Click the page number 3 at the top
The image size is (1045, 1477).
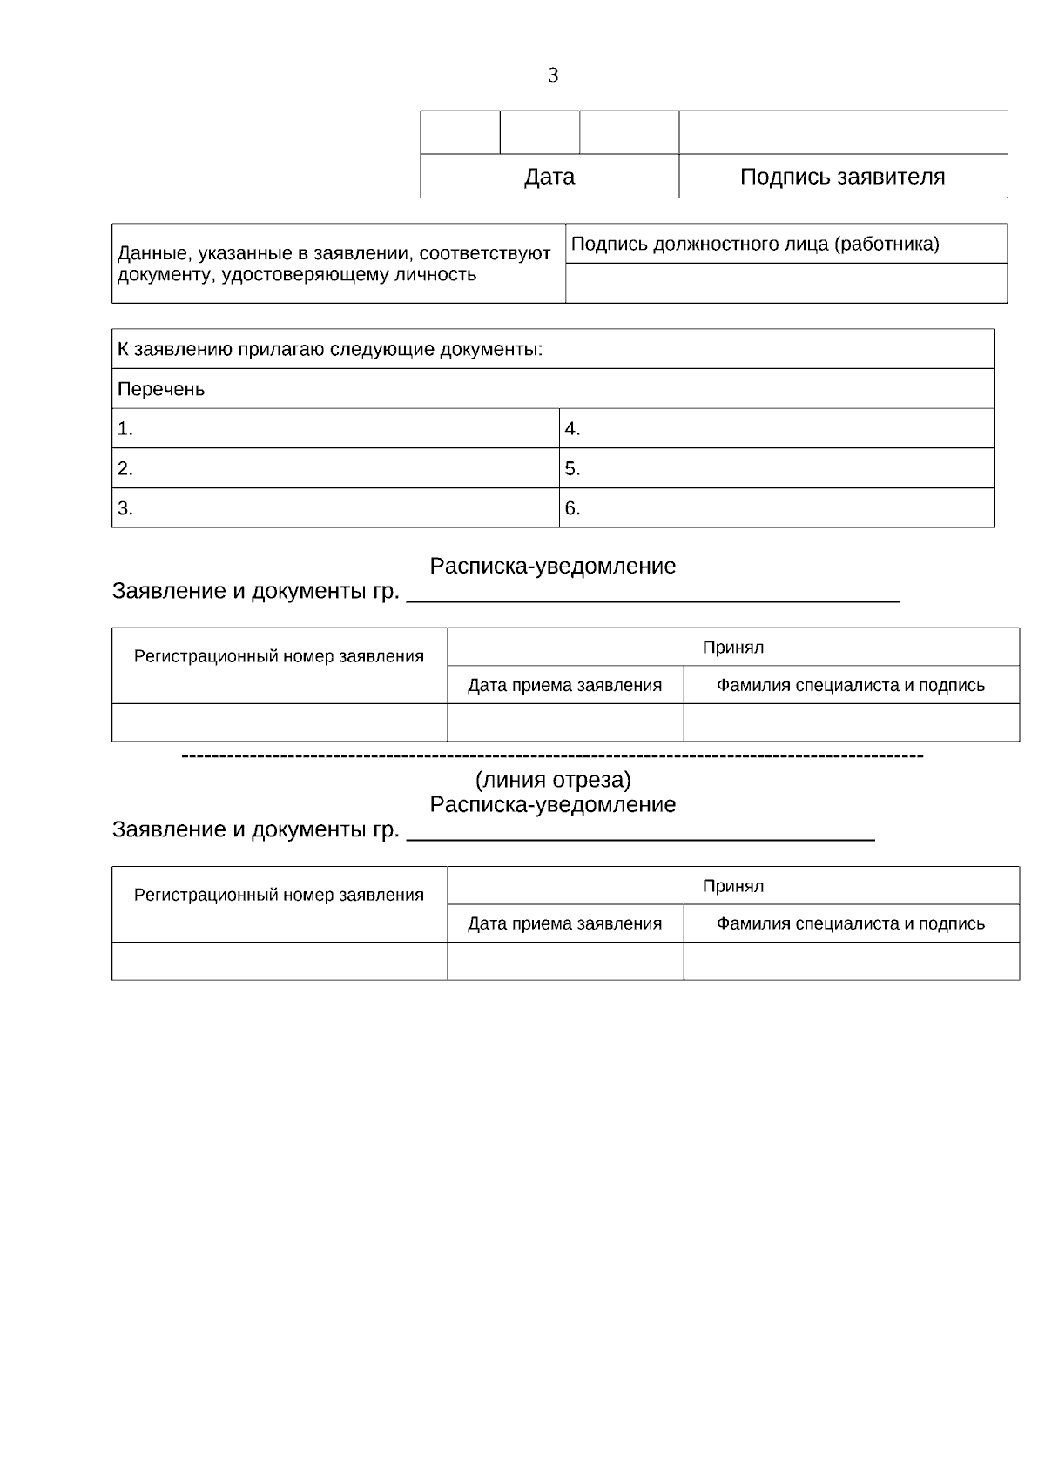click(553, 76)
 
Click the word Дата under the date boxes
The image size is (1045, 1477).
click(549, 177)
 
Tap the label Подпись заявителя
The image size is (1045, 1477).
click(842, 177)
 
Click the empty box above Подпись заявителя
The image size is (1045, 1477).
click(843, 132)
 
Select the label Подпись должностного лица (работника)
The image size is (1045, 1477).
click(755, 244)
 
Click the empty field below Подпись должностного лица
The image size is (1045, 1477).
click(785, 283)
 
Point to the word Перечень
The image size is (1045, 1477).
click(161, 389)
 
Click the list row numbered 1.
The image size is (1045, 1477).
click(335, 428)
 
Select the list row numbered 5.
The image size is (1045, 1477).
click(777, 468)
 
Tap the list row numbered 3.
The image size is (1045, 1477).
click(335, 508)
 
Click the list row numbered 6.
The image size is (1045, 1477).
click(777, 508)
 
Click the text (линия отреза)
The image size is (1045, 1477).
click(553, 779)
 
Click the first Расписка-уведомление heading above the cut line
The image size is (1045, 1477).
click(553, 567)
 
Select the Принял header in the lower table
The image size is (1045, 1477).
click(733, 886)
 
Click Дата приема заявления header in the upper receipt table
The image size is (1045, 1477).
click(564, 685)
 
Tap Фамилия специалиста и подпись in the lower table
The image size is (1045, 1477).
click(851, 923)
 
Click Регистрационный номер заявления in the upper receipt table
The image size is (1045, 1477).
click(279, 656)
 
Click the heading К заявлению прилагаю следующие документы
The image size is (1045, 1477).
click(330, 349)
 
